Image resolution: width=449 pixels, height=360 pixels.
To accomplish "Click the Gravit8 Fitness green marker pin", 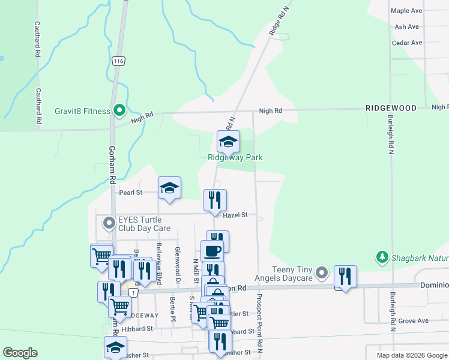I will click(119, 110).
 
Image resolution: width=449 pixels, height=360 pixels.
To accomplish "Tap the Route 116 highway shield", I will click(118, 61).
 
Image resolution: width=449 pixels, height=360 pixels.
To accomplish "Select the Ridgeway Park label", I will click(235, 158).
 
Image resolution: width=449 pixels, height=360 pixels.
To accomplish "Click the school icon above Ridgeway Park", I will click(228, 142).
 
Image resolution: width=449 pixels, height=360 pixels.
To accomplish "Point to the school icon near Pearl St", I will click(169, 188).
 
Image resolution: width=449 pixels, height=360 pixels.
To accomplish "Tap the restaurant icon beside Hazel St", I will click(215, 201).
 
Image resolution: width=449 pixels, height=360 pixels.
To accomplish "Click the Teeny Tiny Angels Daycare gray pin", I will click(322, 274).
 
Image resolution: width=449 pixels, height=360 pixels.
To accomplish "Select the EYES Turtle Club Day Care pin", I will click(109, 224).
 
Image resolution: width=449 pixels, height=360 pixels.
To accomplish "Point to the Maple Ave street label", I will click(406, 11).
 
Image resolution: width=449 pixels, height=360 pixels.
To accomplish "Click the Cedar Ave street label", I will click(406, 43).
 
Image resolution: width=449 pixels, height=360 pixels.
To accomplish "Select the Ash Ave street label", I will click(406, 27).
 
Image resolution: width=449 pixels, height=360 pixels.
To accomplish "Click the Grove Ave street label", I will click(413, 321).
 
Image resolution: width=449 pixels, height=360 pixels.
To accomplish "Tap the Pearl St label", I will click(130, 193).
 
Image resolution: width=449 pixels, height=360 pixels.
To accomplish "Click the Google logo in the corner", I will click(20, 353).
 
